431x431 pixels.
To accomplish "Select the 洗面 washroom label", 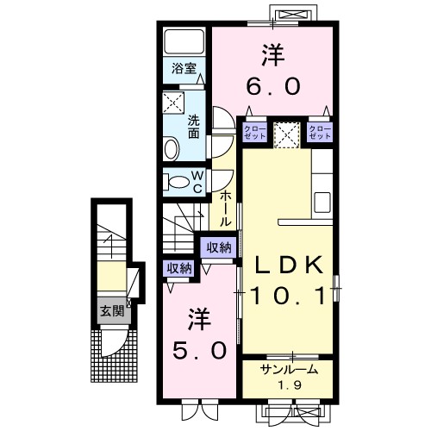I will pyautogui.click(x=195, y=127).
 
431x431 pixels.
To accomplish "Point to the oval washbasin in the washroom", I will pyautogui.click(x=171, y=149).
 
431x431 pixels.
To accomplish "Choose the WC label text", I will pyautogui.click(x=197, y=181).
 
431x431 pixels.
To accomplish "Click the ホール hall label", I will pyautogui.click(x=225, y=208).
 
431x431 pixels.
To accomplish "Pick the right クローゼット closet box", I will pyautogui.click(x=320, y=133).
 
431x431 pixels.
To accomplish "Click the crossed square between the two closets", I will pyautogui.click(x=285, y=133).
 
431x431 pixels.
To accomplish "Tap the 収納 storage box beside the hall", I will pyautogui.click(x=219, y=247).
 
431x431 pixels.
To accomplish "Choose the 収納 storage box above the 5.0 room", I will pyautogui.click(x=179, y=267).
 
